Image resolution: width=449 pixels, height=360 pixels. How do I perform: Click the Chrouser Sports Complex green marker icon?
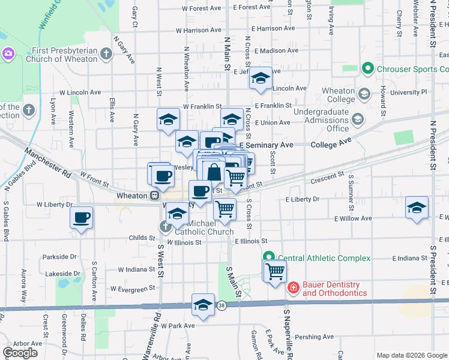369,69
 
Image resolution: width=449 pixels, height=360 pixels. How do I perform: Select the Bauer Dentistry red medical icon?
293,289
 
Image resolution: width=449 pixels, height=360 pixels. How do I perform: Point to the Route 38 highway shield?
221,305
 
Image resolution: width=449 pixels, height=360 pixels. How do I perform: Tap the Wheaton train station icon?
154,196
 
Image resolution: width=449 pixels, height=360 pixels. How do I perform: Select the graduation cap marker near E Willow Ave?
417,208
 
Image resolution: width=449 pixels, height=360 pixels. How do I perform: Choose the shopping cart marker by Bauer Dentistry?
275,271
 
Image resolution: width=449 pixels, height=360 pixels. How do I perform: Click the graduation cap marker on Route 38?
203,305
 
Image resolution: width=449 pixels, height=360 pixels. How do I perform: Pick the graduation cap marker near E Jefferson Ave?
261,78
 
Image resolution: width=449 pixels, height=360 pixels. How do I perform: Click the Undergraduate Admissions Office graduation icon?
358,119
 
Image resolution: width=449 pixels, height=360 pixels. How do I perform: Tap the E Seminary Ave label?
267,145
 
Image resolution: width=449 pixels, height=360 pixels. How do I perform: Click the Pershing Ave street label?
318,337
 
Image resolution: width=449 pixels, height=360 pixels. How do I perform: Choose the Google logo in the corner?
20,352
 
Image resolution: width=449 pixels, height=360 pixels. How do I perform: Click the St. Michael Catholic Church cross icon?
165,227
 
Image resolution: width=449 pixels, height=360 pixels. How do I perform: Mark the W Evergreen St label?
133,289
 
